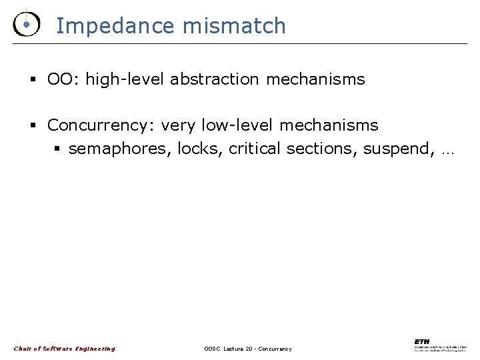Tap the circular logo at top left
pos(25,24)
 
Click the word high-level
pos(125,79)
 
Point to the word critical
pos(255,149)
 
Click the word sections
pos(322,149)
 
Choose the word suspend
pos(395,149)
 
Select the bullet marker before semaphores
pos(58,149)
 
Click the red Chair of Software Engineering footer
pos(64,348)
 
